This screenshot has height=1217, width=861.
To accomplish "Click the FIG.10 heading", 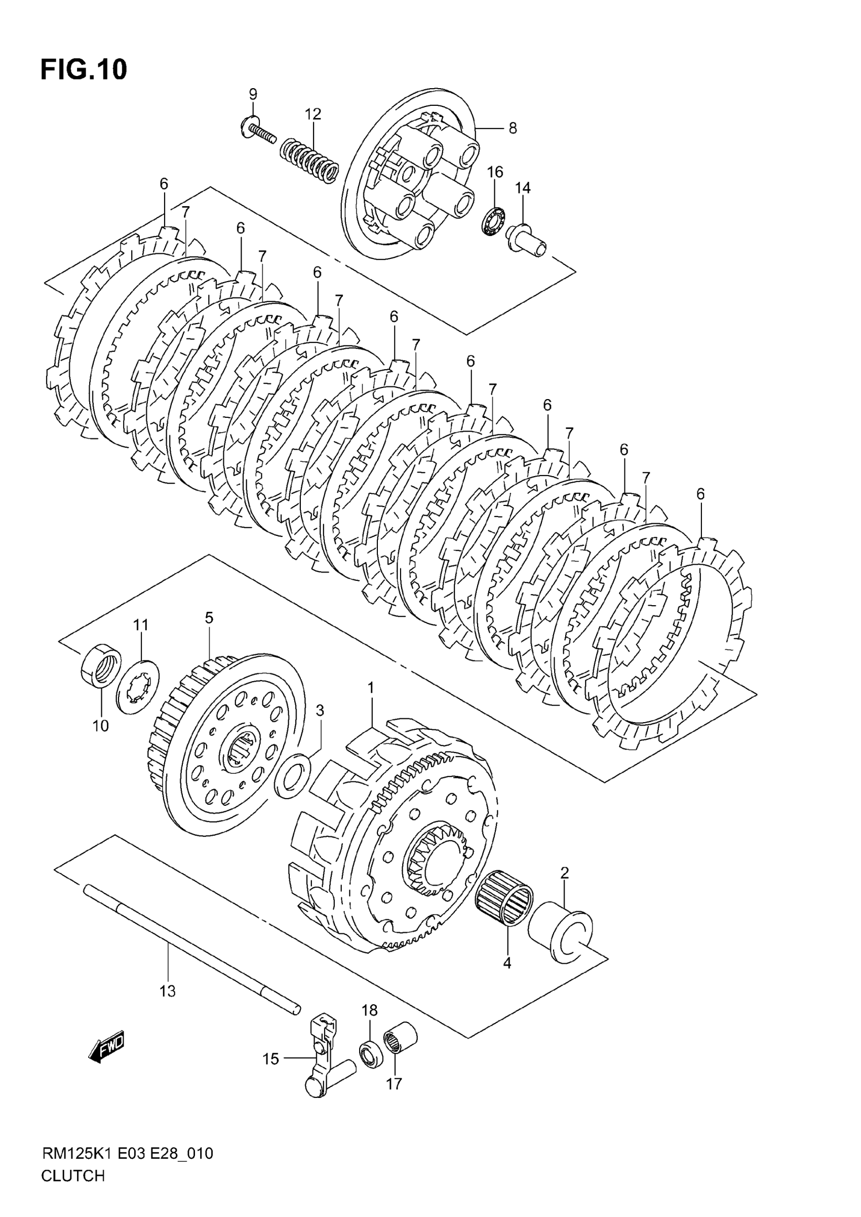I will pos(84,70).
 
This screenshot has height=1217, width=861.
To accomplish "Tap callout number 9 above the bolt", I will pos(253,94).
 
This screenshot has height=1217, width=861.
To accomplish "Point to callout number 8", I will pos(512,128).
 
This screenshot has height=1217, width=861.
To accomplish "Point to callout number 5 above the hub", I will pos(209,617).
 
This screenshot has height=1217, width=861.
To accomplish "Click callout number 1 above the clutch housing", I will pos(371,688).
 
